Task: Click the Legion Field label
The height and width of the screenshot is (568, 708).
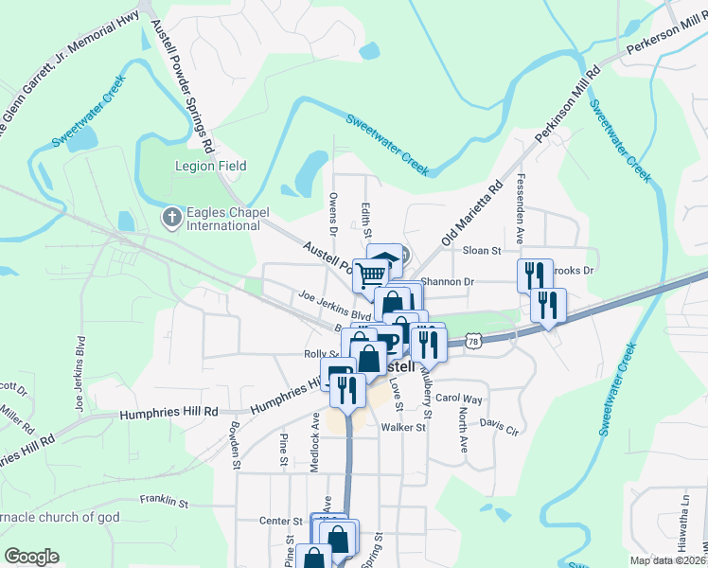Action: [210, 166]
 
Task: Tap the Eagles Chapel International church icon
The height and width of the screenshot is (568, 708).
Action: [171, 219]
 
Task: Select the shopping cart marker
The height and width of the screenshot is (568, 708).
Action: [371, 275]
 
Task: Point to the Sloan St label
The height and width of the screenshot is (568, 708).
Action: [481, 251]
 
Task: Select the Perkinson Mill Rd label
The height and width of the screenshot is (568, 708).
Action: [568, 105]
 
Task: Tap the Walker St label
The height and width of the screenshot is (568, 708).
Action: [403, 428]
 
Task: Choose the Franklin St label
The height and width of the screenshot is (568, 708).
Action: [165, 499]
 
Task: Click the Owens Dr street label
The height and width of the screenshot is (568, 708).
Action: [332, 212]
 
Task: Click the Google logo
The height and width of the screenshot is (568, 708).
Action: [32, 557]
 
